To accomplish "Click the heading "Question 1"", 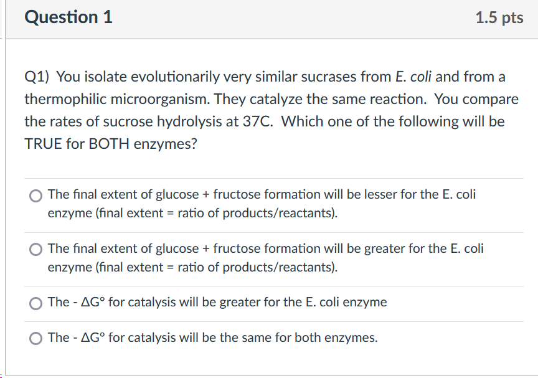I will pos(68,17).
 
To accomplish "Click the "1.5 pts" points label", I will pos(499,18).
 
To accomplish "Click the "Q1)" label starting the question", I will pos(37,77).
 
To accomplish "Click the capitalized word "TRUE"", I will pos(42,143).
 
